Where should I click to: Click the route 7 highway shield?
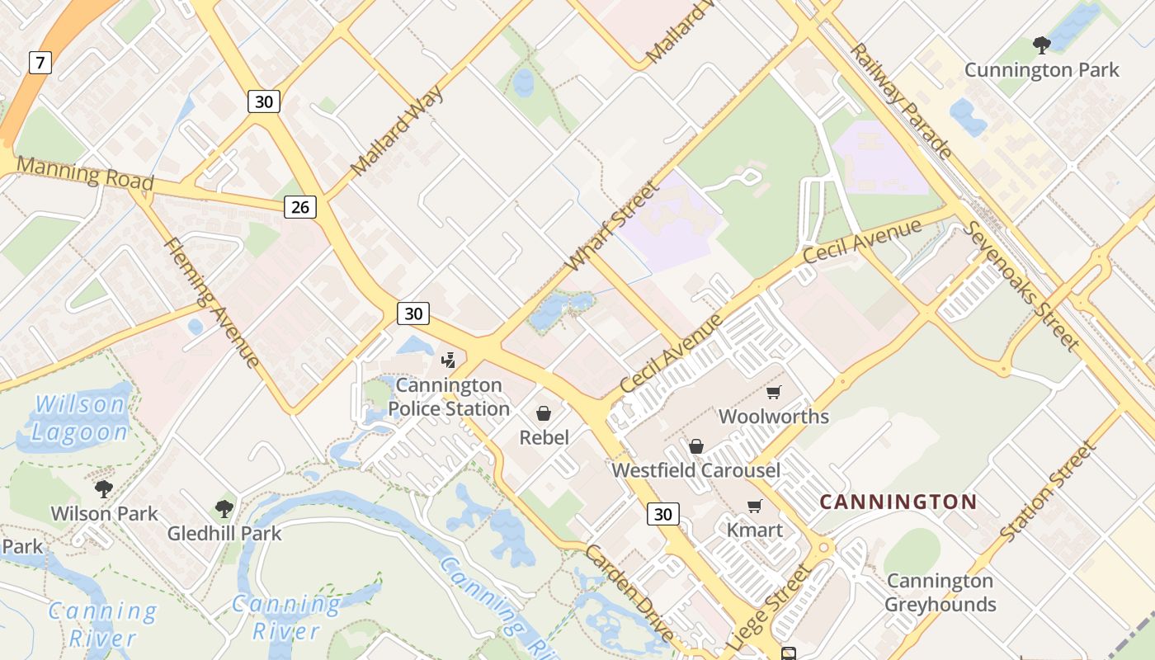coord(40,62)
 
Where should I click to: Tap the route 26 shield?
coord(300,207)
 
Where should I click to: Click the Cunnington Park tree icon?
coord(1042,45)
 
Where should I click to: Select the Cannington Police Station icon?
coord(448,360)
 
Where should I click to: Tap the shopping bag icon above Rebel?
coord(544,412)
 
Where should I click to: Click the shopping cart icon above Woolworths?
coord(773,392)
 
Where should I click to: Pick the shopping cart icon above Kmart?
coord(754,506)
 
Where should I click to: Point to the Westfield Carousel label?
coord(695,470)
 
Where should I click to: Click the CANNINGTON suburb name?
coord(898,502)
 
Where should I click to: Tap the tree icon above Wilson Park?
coord(104,489)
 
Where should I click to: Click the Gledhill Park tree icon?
coord(224,509)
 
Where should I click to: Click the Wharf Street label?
coord(613,226)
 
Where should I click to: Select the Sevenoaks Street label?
coord(1022,285)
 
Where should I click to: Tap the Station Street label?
coord(1047,492)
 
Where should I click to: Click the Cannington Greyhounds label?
coord(940,592)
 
